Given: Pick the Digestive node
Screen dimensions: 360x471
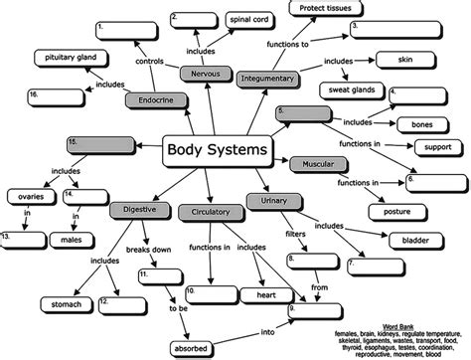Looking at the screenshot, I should pos(139,211).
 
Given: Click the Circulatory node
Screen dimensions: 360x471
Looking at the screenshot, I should pos(205,212).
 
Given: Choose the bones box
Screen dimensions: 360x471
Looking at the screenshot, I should pos(413,125).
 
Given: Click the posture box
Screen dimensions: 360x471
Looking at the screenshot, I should pos(389,211).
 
